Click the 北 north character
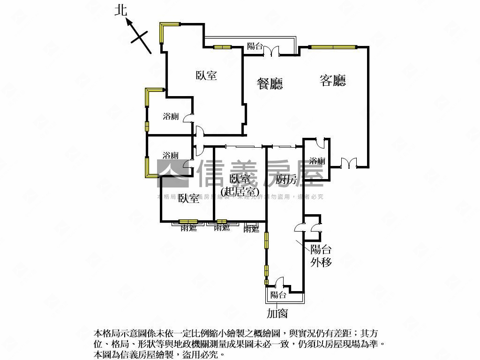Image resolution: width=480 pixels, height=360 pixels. point(121,11)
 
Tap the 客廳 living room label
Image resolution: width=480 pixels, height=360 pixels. point(333,81)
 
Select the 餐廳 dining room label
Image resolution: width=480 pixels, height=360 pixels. point(270,83)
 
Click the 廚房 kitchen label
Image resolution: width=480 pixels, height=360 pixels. point(286,179)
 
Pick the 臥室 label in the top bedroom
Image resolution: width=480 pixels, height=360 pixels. point(206,75)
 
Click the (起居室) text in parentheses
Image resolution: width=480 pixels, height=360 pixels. point(240,191)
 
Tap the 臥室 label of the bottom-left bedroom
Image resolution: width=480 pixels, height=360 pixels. point(189,199)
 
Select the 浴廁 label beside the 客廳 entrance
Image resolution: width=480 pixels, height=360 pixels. point(317,161)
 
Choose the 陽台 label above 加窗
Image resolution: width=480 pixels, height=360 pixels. point(278,295)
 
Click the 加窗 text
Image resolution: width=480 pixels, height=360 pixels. point(277,313)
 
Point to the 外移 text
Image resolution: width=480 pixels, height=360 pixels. point(321,262)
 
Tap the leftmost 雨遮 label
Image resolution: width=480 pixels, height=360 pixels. point(188,228)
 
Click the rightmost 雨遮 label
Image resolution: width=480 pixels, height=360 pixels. point(251,229)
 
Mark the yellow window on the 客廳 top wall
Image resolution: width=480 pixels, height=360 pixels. point(333,46)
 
